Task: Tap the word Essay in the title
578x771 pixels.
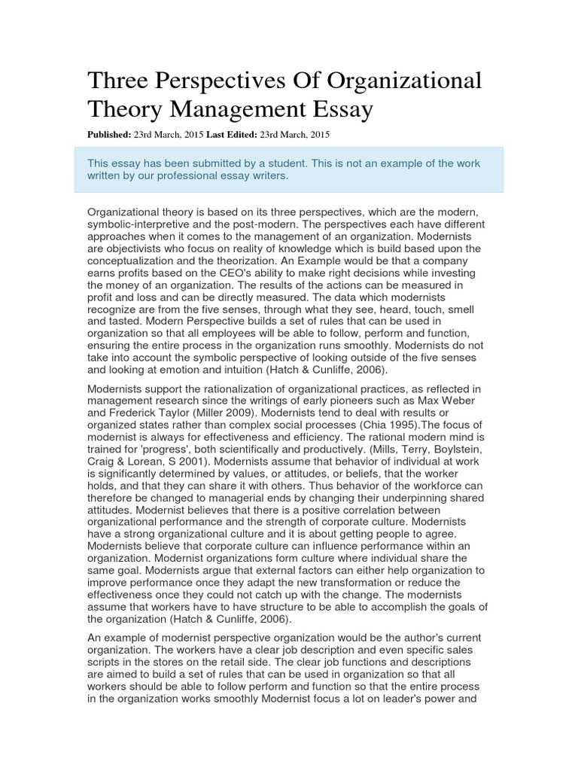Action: click(339, 111)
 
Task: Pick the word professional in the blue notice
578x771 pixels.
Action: click(182, 175)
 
